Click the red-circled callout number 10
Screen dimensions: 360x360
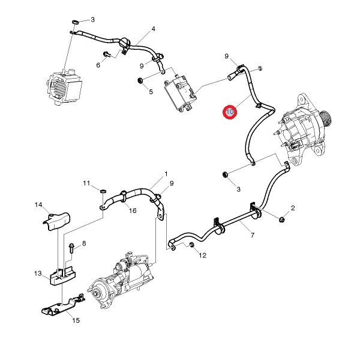(x=230, y=112)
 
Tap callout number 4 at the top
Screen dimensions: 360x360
(x=153, y=29)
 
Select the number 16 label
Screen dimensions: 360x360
(x=133, y=210)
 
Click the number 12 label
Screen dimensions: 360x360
(x=202, y=256)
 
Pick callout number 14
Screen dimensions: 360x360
(x=38, y=205)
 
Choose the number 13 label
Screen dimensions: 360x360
(x=38, y=274)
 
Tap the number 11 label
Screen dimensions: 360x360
(x=86, y=183)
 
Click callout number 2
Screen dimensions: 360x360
(x=293, y=208)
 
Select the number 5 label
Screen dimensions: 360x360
(x=151, y=92)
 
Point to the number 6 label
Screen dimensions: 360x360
(x=98, y=65)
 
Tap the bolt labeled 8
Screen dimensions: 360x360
(x=71, y=245)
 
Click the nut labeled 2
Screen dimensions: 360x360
(x=281, y=220)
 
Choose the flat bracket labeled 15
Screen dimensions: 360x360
(x=60, y=307)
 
